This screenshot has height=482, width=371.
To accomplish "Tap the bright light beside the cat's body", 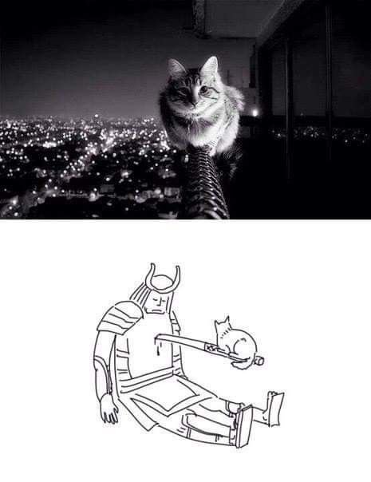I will coord(255,113).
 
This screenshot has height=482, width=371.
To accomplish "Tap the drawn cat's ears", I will coord(222,322).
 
